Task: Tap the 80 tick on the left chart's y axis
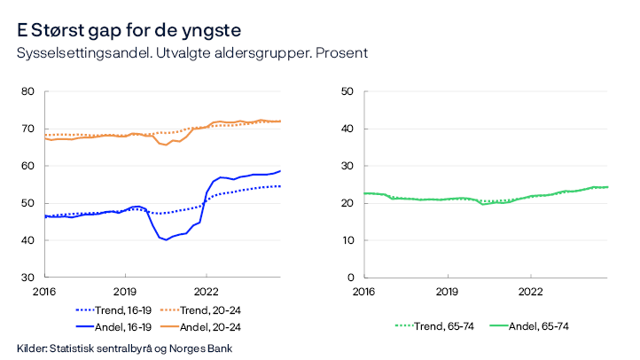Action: [x=27, y=91]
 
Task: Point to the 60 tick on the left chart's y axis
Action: [x=27, y=166]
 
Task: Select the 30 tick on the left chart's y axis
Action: [x=27, y=278]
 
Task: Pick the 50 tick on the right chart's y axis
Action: [x=348, y=91]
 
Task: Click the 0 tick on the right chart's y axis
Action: [x=352, y=278]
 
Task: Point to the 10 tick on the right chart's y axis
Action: [x=348, y=240]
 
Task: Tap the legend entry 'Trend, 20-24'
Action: [x=209, y=310]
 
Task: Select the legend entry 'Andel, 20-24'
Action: [x=209, y=326]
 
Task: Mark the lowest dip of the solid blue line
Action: [x=166, y=240]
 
